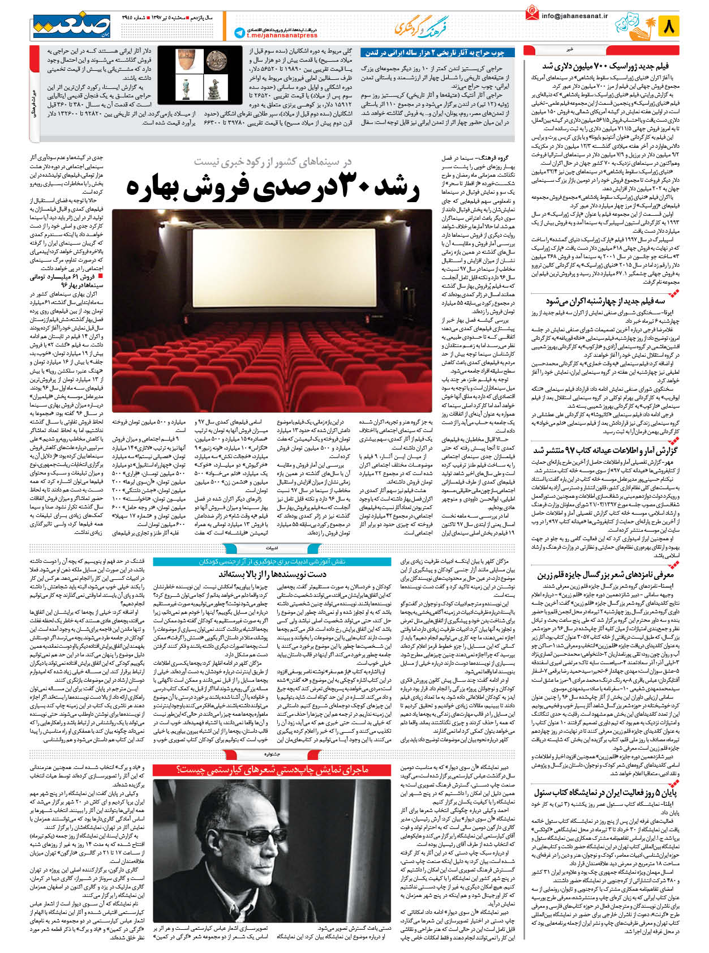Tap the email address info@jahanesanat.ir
point(574,16)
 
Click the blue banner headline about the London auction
point(433,53)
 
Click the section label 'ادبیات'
point(272,548)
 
